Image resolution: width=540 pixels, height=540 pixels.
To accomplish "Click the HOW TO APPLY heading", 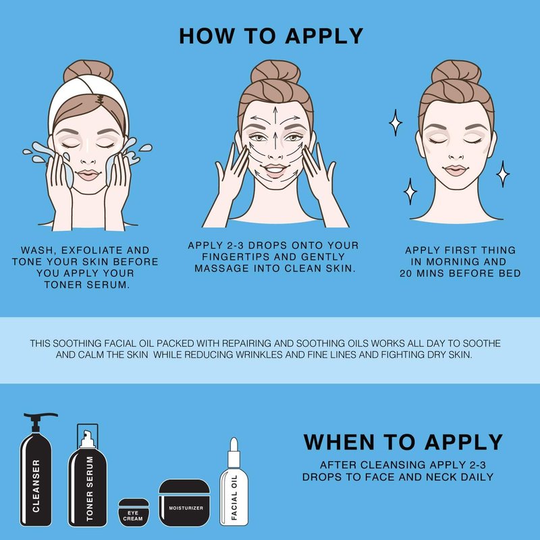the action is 271,36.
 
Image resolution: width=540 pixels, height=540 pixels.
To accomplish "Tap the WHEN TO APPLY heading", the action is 403,442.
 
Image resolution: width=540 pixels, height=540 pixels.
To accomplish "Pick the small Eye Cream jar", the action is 134,512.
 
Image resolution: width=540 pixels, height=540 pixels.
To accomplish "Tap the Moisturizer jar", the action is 184,503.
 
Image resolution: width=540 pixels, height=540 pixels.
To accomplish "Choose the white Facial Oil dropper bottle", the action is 234,482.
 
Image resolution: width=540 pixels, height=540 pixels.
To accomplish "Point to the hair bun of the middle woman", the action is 275,72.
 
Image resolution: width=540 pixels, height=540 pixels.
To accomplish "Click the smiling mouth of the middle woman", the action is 275,170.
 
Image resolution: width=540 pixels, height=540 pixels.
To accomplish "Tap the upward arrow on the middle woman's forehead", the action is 275,115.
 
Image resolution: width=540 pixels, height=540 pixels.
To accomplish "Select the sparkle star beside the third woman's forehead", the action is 396,122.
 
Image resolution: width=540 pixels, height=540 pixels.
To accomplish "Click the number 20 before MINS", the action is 406,273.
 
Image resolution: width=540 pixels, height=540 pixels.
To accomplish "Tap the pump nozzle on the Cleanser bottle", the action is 43,415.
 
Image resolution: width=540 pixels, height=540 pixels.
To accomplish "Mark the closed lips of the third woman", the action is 456,170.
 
